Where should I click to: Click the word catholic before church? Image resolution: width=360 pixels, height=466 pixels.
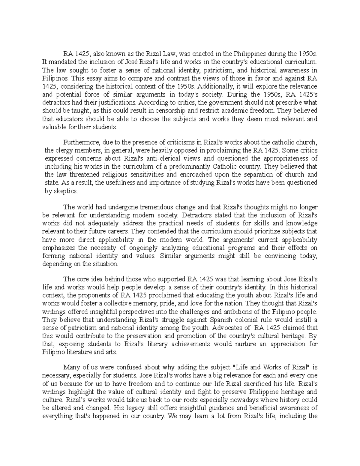[x=285, y=142]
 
